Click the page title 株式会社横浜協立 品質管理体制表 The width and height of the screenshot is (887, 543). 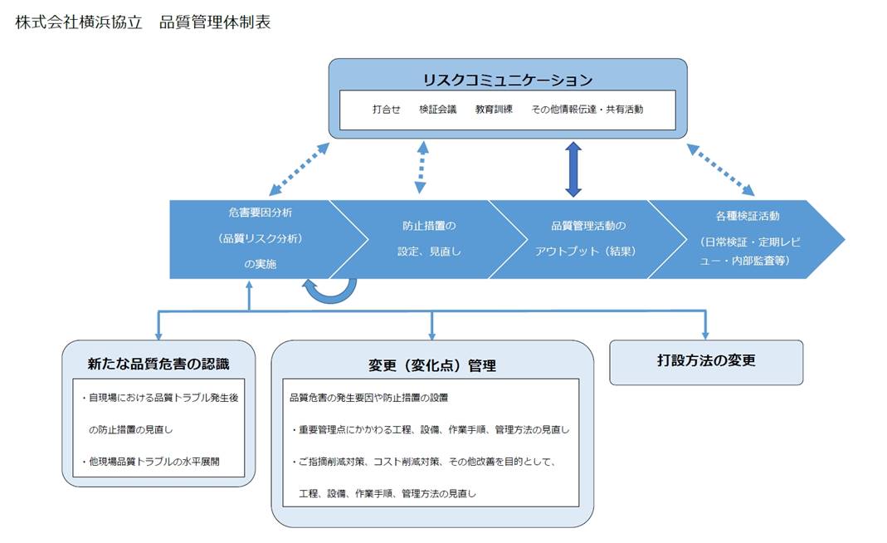click(x=143, y=22)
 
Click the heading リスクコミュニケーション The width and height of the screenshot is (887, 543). click(x=508, y=80)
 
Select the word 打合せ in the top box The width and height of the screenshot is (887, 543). click(x=387, y=110)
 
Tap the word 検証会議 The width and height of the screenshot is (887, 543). click(x=438, y=110)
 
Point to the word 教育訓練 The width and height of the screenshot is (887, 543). click(x=494, y=110)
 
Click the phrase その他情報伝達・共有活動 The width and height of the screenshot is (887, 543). click(x=587, y=110)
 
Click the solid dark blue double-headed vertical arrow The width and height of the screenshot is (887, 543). click(x=573, y=169)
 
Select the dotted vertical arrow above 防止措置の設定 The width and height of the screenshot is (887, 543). click(x=422, y=168)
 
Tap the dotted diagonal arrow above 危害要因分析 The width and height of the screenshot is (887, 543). click(x=300, y=169)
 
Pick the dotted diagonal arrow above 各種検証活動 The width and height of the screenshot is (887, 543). click(x=720, y=169)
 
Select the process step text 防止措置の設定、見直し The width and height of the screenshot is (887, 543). click(x=429, y=238)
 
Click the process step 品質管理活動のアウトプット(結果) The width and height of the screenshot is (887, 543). click(x=587, y=238)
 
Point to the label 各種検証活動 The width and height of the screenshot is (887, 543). click(x=748, y=216)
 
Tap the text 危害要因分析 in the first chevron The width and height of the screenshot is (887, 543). click(x=261, y=213)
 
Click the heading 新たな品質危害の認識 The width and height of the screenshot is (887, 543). click(x=158, y=364)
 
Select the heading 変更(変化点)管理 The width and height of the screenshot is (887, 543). click(x=432, y=366)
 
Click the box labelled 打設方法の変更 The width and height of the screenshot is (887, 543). click(x=706, y=362)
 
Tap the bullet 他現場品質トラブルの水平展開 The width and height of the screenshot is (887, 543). click(x=150, y=462)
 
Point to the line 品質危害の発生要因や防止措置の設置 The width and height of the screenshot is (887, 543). click(x=369, y=398)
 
